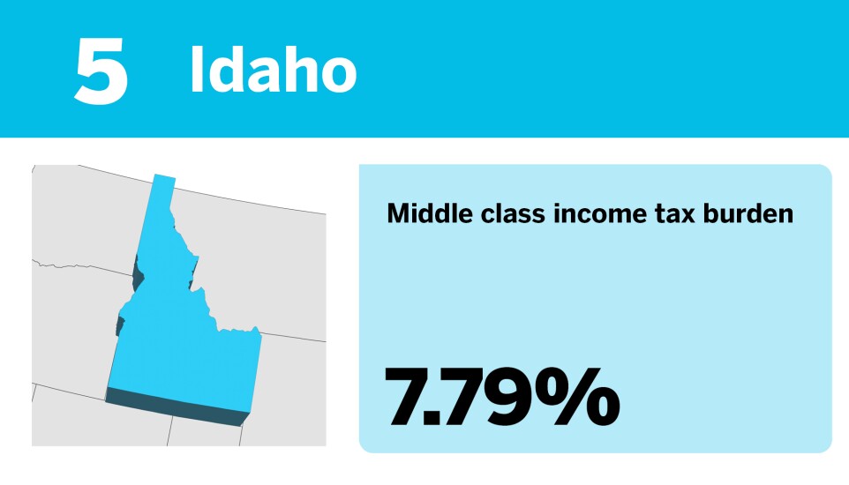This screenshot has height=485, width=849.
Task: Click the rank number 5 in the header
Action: click(x=101, y=71)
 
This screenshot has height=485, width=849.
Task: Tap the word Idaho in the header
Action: click(x=273, y=71)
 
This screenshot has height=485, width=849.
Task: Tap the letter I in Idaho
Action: click(x=197, y=71)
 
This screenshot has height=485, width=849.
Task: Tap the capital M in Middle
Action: click(x=398, y=213)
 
